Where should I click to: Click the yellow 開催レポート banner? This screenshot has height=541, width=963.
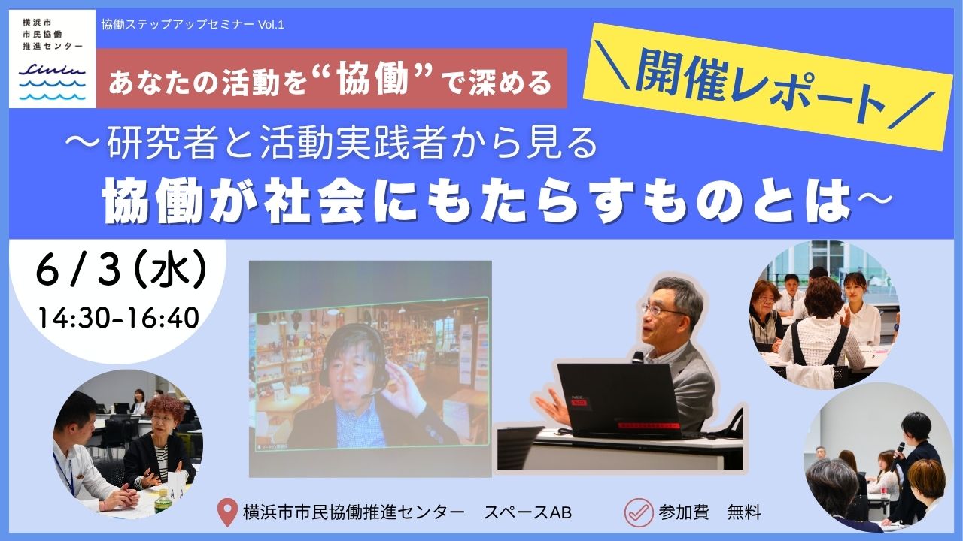pos(767,86)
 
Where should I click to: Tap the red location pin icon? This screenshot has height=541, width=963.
pos(227,512)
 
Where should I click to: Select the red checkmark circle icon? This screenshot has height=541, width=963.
pos(639,512)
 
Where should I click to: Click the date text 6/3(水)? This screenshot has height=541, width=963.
pos(121,271)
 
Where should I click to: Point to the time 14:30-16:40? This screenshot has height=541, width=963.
pos(119,318)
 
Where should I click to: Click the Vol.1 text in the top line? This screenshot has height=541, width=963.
pos(271,25)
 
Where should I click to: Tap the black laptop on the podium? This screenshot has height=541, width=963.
pos(619,399)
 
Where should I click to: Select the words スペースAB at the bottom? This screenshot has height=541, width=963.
pos(528,512)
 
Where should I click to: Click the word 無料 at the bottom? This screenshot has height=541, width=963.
pos(744,512)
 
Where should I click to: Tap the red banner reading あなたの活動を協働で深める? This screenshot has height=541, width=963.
pos(331,78)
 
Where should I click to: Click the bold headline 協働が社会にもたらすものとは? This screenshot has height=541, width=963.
pos(477,202)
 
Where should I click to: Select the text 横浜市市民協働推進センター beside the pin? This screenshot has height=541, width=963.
pos(354,512)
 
